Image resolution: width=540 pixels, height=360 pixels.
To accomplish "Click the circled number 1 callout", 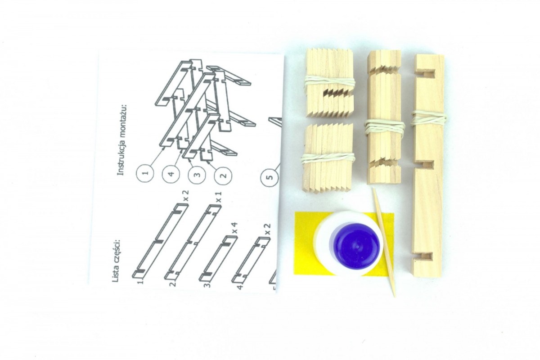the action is pyautogui.click(x=145, y=173).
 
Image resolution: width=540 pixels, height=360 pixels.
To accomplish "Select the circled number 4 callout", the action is pyautogui.click(x=171, y=174).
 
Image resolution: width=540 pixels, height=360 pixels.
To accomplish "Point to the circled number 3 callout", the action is pyautogui.click(x=197, y=174).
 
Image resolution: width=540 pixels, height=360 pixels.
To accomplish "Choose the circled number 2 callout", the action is pyautogui.click(x=223, y=175).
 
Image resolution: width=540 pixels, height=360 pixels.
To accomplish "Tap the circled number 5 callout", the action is pyautogui.click(x=269, y=177).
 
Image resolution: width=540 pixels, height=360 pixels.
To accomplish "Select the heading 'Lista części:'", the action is pyautogui.click(x=117, y=261).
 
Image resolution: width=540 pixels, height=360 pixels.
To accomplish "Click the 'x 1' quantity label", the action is pyautogui.click(x=219, y=197).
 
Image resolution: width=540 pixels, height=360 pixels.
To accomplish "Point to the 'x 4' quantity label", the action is pyautogui.click(x=235, y=228).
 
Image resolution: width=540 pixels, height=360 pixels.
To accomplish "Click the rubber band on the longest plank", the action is pyautogui.click(x=428, y=118).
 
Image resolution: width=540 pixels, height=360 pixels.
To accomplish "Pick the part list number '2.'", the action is pyautogui.click(x=173, y=284).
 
